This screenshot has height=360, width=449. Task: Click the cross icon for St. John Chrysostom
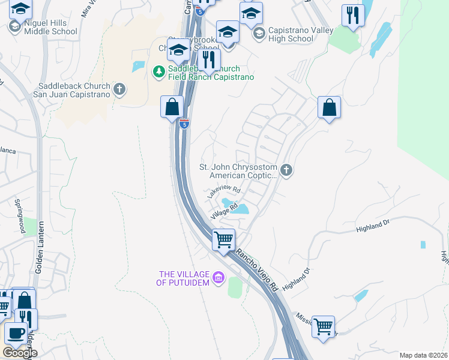tap(286, 171)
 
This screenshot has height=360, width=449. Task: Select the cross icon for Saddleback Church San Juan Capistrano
tap(119, 90)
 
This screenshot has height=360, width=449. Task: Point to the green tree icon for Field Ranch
tap(158, 72)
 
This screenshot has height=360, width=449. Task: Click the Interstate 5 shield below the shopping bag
tap(184, 124)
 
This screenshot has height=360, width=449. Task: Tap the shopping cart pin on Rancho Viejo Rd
tap(224, 240)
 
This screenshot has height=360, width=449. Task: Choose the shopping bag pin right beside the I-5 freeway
tap(172, 107)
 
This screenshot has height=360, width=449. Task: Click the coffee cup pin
tap(15, 333)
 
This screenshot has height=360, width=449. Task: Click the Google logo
tap(19, 353)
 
